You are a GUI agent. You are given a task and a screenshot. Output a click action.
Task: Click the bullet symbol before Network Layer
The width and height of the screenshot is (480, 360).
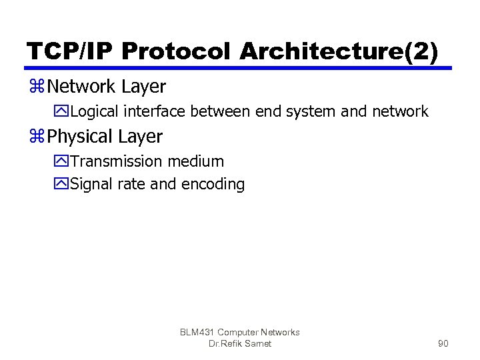coord(37,87)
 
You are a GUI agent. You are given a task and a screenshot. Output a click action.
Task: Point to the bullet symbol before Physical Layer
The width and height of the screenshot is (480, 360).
coord(37,137)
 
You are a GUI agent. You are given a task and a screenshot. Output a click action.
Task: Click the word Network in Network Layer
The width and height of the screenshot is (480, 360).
coord(82,87)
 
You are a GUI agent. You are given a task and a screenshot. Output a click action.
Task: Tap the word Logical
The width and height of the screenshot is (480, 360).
coord(93,111)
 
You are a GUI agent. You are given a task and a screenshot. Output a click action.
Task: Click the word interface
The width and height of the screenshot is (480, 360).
coord(153,111)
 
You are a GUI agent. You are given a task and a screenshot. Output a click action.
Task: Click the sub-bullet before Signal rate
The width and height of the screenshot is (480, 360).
coord(62,184)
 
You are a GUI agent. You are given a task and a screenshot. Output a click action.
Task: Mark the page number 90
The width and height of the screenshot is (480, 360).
coord(443,344)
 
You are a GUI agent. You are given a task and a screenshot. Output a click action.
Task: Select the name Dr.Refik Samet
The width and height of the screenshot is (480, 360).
coord(239,344)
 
